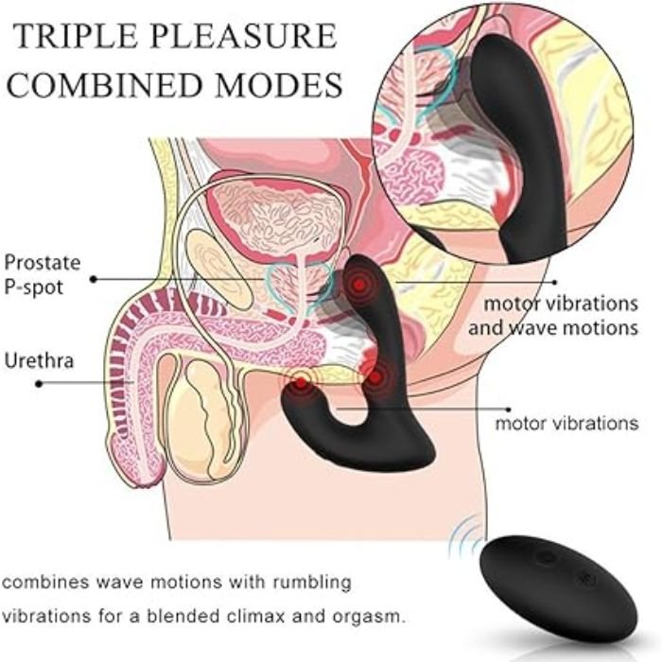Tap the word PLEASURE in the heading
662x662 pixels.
(245, 37)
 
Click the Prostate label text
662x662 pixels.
(43, 262)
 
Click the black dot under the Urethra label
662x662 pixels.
(39, 384)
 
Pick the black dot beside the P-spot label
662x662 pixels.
(94, 279)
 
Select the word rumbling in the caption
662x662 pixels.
(311, 581)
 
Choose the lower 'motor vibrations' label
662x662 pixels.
(566, 423)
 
